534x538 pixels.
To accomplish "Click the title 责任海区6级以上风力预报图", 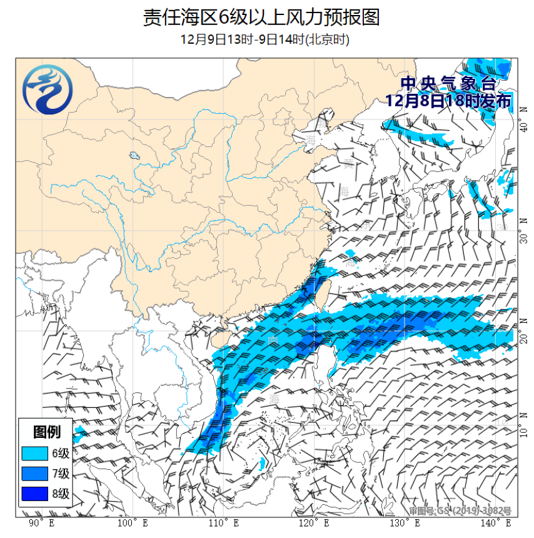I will pos(261,17).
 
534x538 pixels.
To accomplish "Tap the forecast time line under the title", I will pos(264,39).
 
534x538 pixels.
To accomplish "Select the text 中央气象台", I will pos(448,83).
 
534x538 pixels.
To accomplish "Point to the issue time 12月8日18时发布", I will pos(448,100).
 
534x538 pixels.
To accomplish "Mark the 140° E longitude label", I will pos(494,523).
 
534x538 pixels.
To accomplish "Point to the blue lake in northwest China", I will pos(134,155).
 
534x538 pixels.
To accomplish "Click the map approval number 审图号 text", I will pos(460,510).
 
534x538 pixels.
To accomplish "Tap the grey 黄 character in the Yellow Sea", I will pos(348,164).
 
